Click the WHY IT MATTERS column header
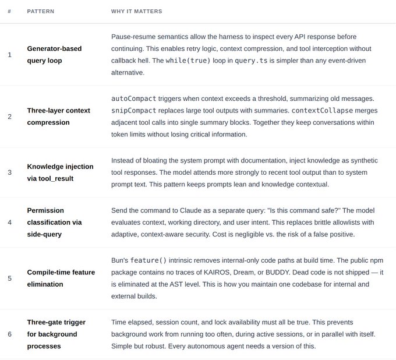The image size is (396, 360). (137, 12)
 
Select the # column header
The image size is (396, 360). (9, 12)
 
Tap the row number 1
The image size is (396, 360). (9, 55)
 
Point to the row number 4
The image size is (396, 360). (9, 222)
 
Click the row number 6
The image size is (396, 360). (9, 334)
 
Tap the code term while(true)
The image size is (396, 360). (188, 61)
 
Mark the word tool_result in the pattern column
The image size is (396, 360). (56, 178)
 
